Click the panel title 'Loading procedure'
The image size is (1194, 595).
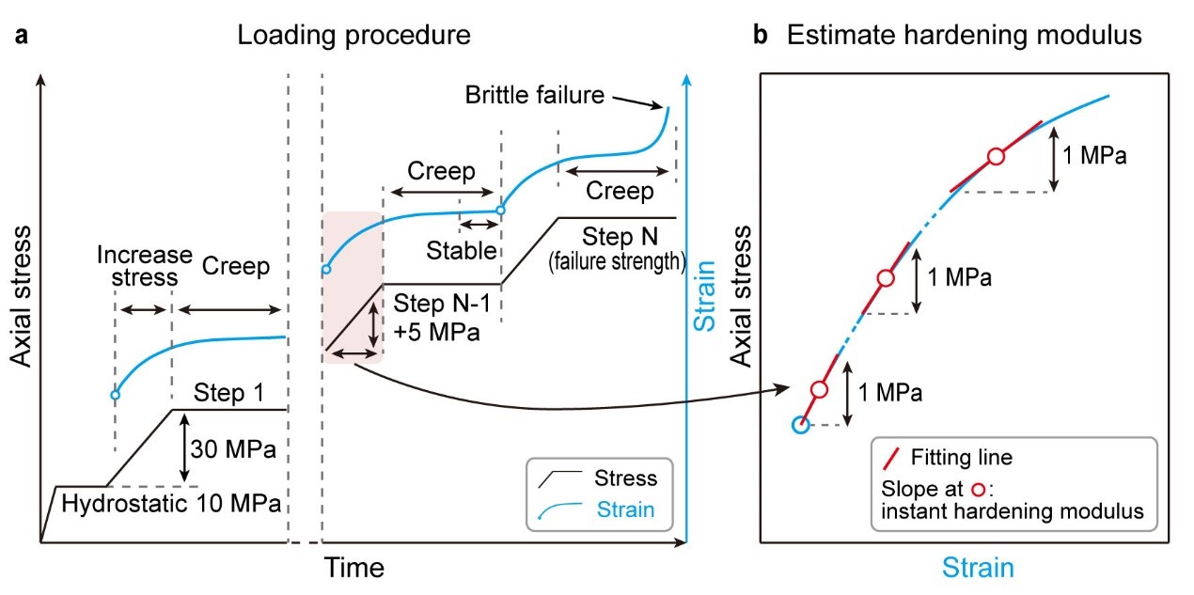pyautogui.click(x=353, y=37)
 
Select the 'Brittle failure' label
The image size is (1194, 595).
pyautogui.click(x=532, y=95)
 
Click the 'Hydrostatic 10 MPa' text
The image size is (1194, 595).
pyautogui.click(x=171, y=503)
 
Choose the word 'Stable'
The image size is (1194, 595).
pyautogui.click(x=461, y=249)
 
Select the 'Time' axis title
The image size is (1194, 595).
pyautogui.click(x=354, y=568)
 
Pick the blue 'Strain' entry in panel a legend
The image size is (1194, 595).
pyautogui.click(x=625, y=510)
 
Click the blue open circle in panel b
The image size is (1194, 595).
pyautogui.click(x=799, y=425)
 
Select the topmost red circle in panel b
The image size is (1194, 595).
pyautogui.click(x=997, y=157)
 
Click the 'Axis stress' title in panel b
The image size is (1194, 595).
pyautogui.click(x=742, y=296)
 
